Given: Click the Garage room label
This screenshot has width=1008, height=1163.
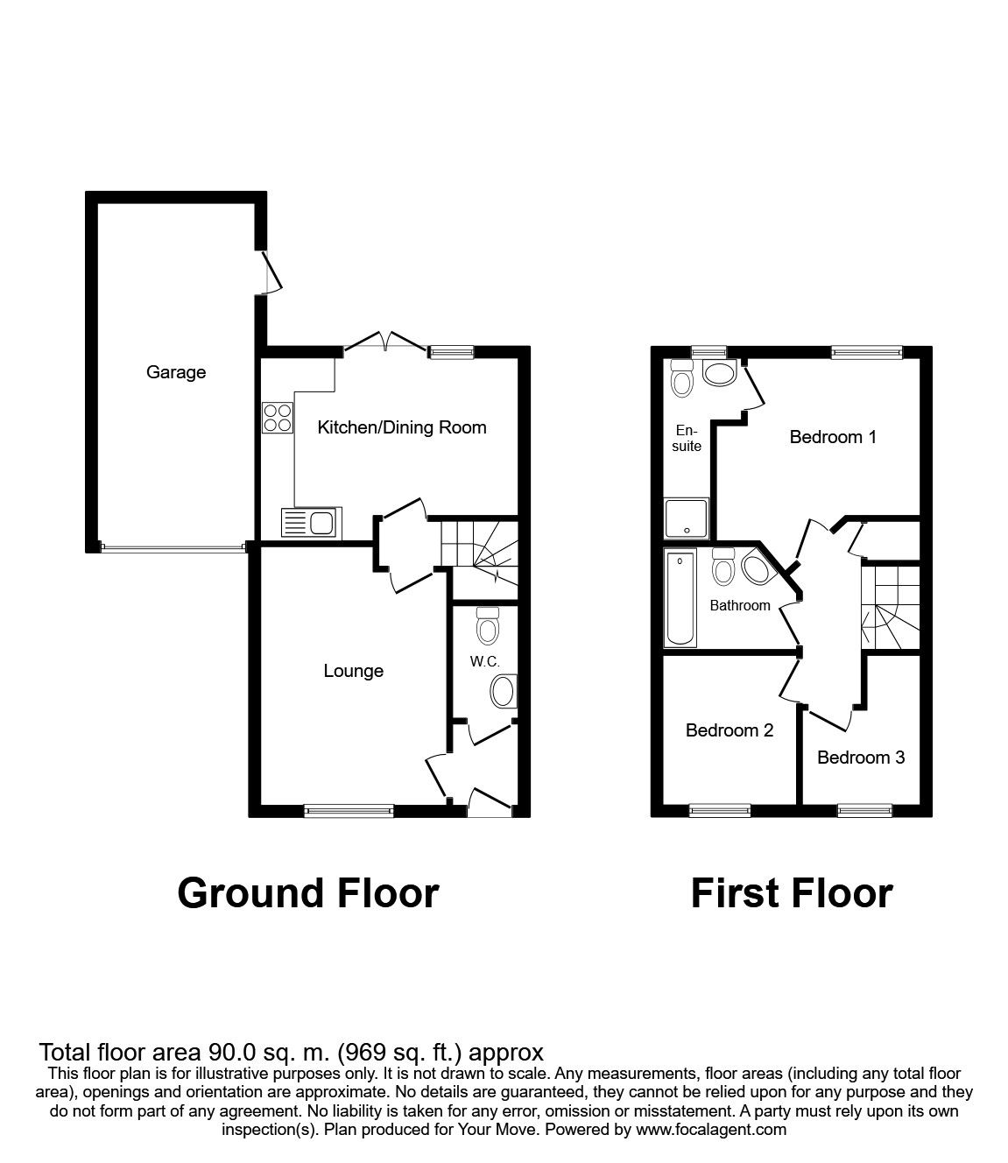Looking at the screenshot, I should [x=176, y=372].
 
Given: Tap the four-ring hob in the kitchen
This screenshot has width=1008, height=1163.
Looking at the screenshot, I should [x=278, y=416].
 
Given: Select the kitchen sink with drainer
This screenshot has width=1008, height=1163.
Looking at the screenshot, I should [x=311, y=523].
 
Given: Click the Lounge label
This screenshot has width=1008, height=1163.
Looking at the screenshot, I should [x=353, y=671].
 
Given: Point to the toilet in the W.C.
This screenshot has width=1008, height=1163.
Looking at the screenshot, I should [x=487, y=625].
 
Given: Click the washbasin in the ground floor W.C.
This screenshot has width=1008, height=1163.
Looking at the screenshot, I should [x=504, y=692].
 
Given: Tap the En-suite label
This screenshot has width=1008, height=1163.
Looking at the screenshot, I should [x=687, y=438].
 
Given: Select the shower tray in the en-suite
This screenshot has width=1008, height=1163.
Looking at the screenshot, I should [x=687, y=518].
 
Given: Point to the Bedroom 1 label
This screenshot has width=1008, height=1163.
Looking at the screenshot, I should [x=832, y=436].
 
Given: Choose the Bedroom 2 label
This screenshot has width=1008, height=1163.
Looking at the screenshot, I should [x=729, y=730].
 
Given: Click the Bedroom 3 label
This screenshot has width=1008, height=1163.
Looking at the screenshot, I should [x=860, y=757].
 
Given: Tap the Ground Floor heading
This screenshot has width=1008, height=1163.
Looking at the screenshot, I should [x=307, y=893].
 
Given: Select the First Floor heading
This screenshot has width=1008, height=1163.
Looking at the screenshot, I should [x=791, y=893].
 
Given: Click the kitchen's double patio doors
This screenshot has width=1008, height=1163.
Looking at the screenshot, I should [x=385, y=344].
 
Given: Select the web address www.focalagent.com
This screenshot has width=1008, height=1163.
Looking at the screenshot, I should [x=711, y=1130].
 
